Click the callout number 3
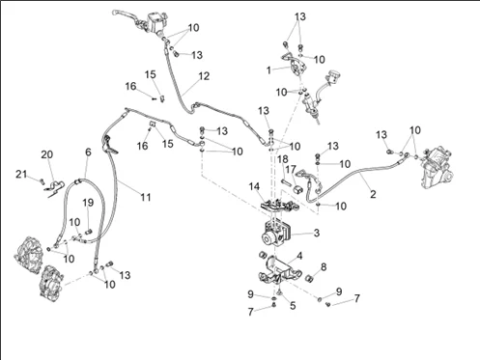tap(317, 233)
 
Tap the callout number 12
tap(204, 76)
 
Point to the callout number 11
tap(146, 197)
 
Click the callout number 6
tap(88, 152)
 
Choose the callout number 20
tap(47, 154)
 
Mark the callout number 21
tap(21, 175)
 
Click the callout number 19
tap(88, 203)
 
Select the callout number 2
tap(373, 194)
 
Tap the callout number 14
tap(254, 186)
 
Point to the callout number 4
tap(299, 256)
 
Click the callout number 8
tap(324, 266)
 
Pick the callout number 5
tap(293, 305)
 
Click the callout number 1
tap(268, 70)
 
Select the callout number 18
tap(283, 159)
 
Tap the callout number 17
tap(291, 169)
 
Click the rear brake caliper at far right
tap(438, 168)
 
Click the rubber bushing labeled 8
tap(310, 278)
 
